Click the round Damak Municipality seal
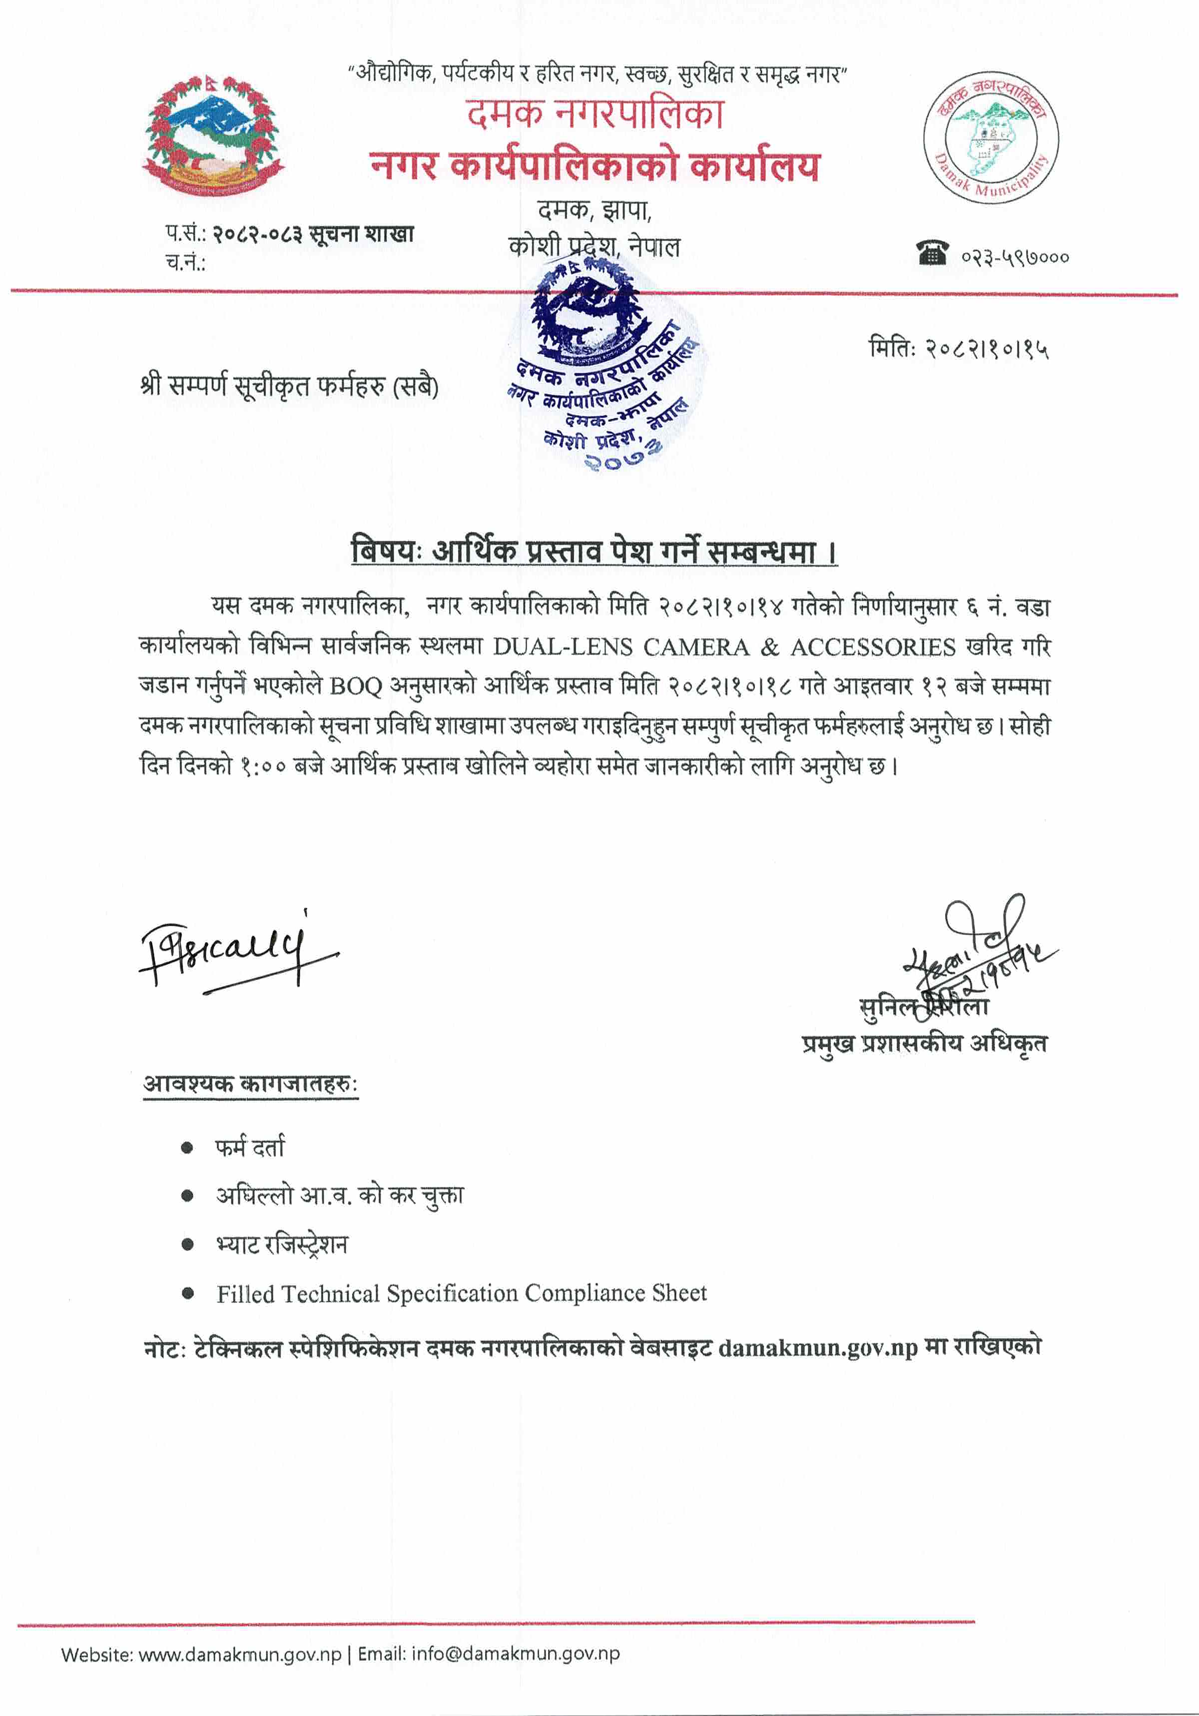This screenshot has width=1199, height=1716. click(x=991, y=137)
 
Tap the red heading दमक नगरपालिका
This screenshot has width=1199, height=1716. click(x=596, y=113)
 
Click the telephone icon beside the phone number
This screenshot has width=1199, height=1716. click(x=933, y=253)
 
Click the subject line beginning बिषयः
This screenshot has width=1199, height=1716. click(x=595, y=552)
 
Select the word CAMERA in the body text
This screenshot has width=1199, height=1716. click(x=696, y=646)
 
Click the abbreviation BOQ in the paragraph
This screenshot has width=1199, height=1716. click(x=355, y=686)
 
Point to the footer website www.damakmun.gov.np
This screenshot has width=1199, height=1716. click(x=240, y=1654)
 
